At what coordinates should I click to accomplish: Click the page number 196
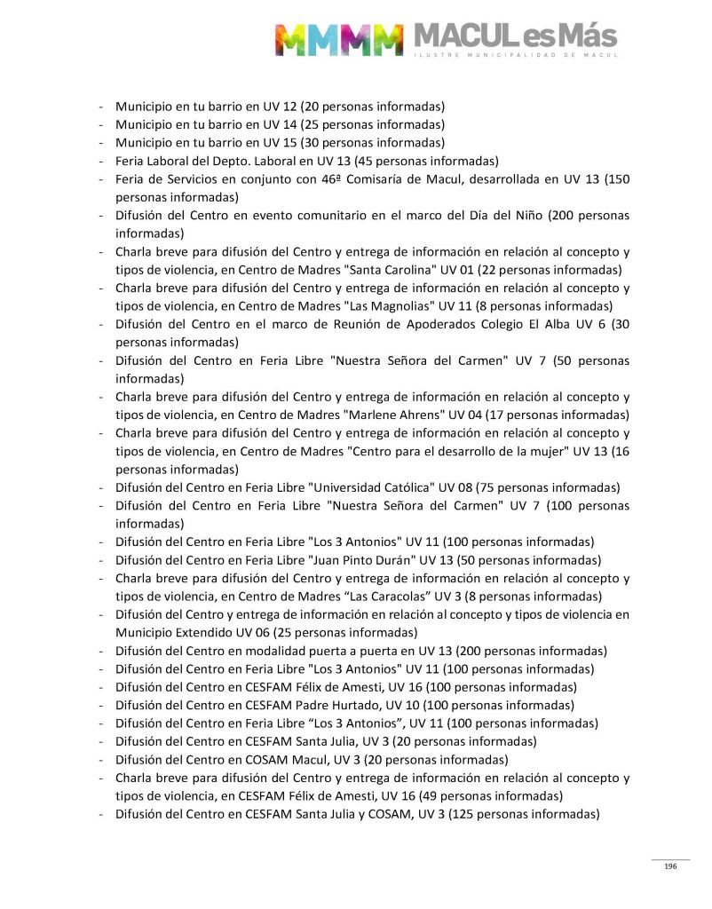(x=670, y=866)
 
